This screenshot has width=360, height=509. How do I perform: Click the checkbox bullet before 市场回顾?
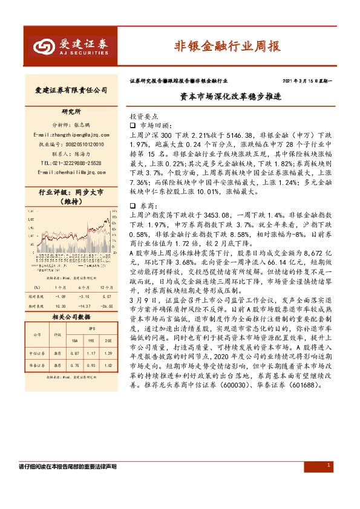(134, 123)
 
